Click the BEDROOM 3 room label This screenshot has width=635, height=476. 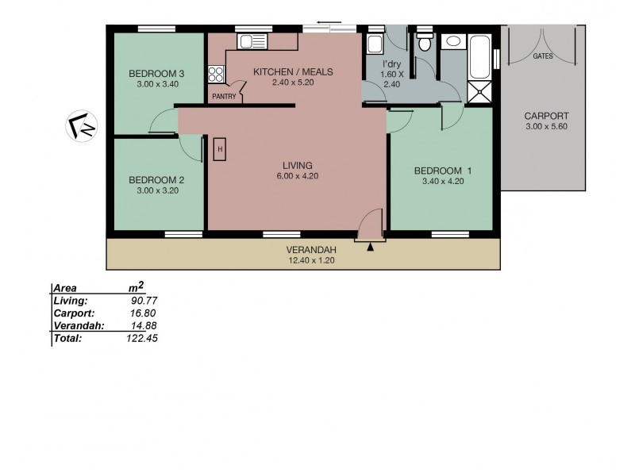(156, 75)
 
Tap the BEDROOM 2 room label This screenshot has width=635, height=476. (156, 179)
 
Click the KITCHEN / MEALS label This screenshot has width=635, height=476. (293, 71)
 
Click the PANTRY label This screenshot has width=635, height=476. (223, 97)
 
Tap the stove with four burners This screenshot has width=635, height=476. (216, 75)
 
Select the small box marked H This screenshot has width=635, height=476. (221, 148)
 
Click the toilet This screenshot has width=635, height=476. (425, 43)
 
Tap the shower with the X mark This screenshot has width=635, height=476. (480, 92)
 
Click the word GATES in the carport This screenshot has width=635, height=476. (543, 57)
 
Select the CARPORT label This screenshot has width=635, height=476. (546, 116)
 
